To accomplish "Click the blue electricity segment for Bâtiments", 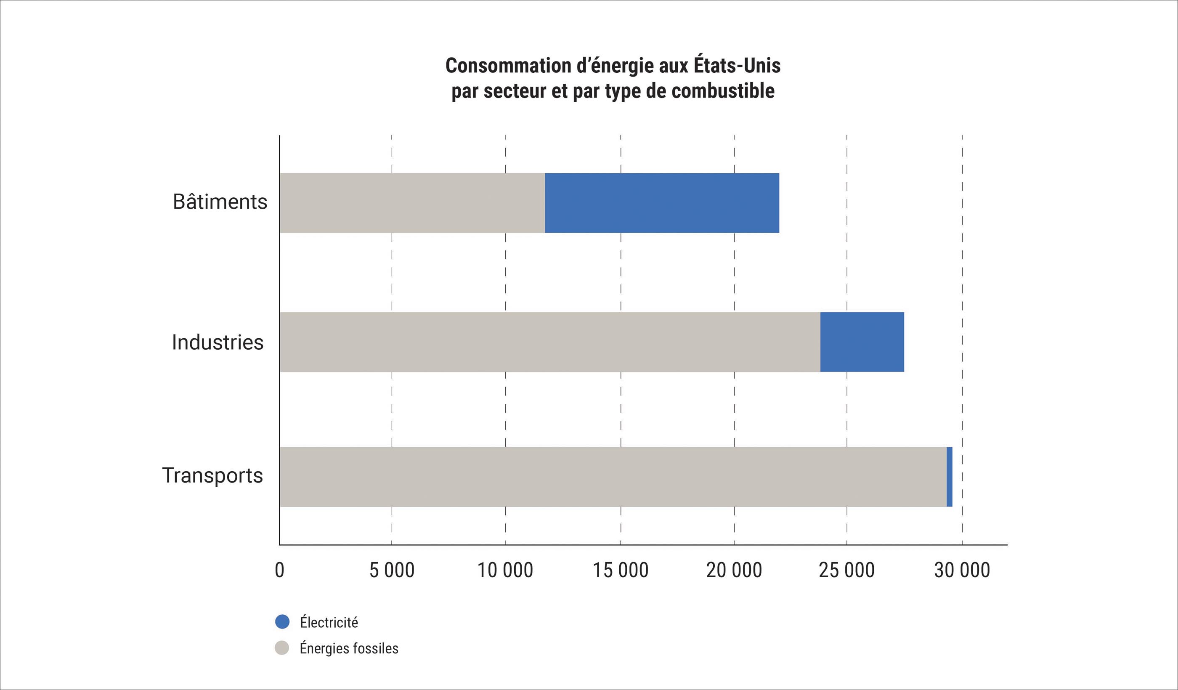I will point(662,203).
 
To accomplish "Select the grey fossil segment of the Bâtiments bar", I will point(412,203).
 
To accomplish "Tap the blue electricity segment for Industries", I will point(862,342).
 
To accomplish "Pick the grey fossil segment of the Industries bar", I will point(550,342).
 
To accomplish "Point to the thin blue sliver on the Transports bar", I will point(950,477).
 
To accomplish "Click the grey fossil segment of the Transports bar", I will point(613,477).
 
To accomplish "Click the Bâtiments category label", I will point(220,202).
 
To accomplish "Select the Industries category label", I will point(218,342).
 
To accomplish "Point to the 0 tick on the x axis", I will point(279,571).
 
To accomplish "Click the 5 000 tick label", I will point(392,571).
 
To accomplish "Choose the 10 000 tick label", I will point(505,571).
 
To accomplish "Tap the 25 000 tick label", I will point(846,571).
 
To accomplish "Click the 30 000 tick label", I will point(962,571).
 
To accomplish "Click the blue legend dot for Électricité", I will point(282,622).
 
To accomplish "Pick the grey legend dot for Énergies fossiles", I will point(282,648).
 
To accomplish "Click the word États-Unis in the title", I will point(737,66).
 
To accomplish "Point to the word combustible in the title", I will point(723,91).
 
